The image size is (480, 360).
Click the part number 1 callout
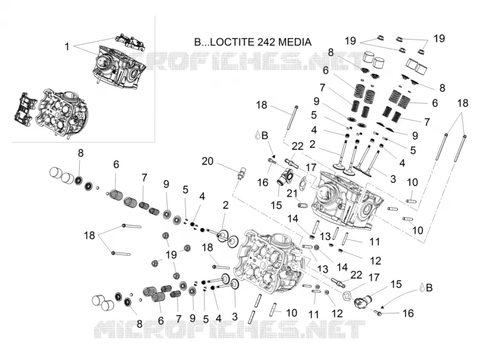pyautogui.click(x=67, y=47)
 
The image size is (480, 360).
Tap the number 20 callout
pyautogui.click(x=207, y=161)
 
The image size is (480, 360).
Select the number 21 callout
pyautogui.click(x=292, y=193)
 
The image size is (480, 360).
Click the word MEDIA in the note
pyautogui.click(x=295, y=42)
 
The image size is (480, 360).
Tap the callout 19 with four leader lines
pyautogui.click(x=171, y=254)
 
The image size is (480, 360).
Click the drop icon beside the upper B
pyautogui.click(x=258, y=135)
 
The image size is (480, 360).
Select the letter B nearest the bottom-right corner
pyautogui.click(x=429, y=288)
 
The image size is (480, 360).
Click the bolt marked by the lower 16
pyautogui.click(x=378, y=313)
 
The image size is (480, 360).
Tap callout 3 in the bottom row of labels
pyautogui.click(x=235, y=317)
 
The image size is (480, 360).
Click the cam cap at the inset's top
pyautogui.click(x=130, y=41)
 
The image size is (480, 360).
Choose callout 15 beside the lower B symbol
pyautogui.click(x=396, y=284)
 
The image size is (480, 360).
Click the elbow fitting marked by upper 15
pyautogui.click(x=282, y=176)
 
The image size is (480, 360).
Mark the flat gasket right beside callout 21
pyautogui.click(x=302, y=182)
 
